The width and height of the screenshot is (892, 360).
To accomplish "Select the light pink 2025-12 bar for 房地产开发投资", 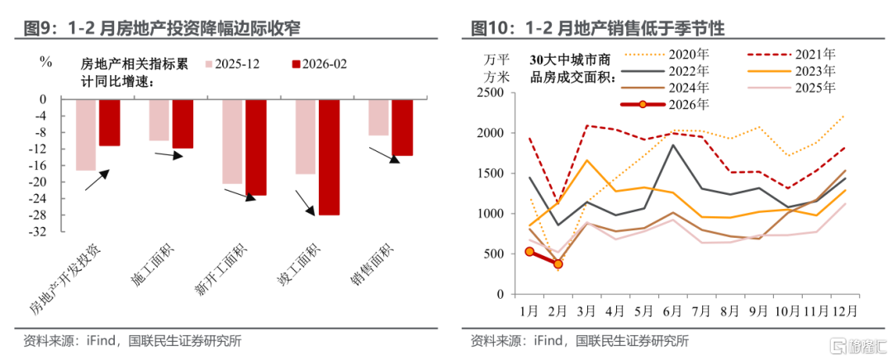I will [x=85, y=135].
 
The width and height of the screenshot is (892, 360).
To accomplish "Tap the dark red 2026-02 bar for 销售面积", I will [x=402, y=127].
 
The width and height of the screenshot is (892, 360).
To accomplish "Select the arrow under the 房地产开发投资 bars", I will [x=97, y=180].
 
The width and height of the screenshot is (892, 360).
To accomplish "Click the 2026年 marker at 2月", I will [x=558, y=264].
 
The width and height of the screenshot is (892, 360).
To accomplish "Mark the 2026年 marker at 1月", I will [x=529, y=251].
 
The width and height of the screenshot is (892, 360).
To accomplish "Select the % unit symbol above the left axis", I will [x=46, y=62].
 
